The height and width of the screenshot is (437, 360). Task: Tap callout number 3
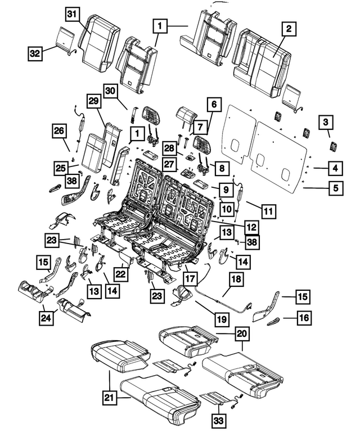pyautogui.click(x=326, y=121)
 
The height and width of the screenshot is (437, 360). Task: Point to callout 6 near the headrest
pyautogui.click(x=213, y=104)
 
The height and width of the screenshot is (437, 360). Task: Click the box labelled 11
pyautogui.click(x=269, y=212)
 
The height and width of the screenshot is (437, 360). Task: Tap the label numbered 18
pyautogui.click(x=235, y=280)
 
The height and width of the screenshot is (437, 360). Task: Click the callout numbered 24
pyautogui.click(x=44, y=318)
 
